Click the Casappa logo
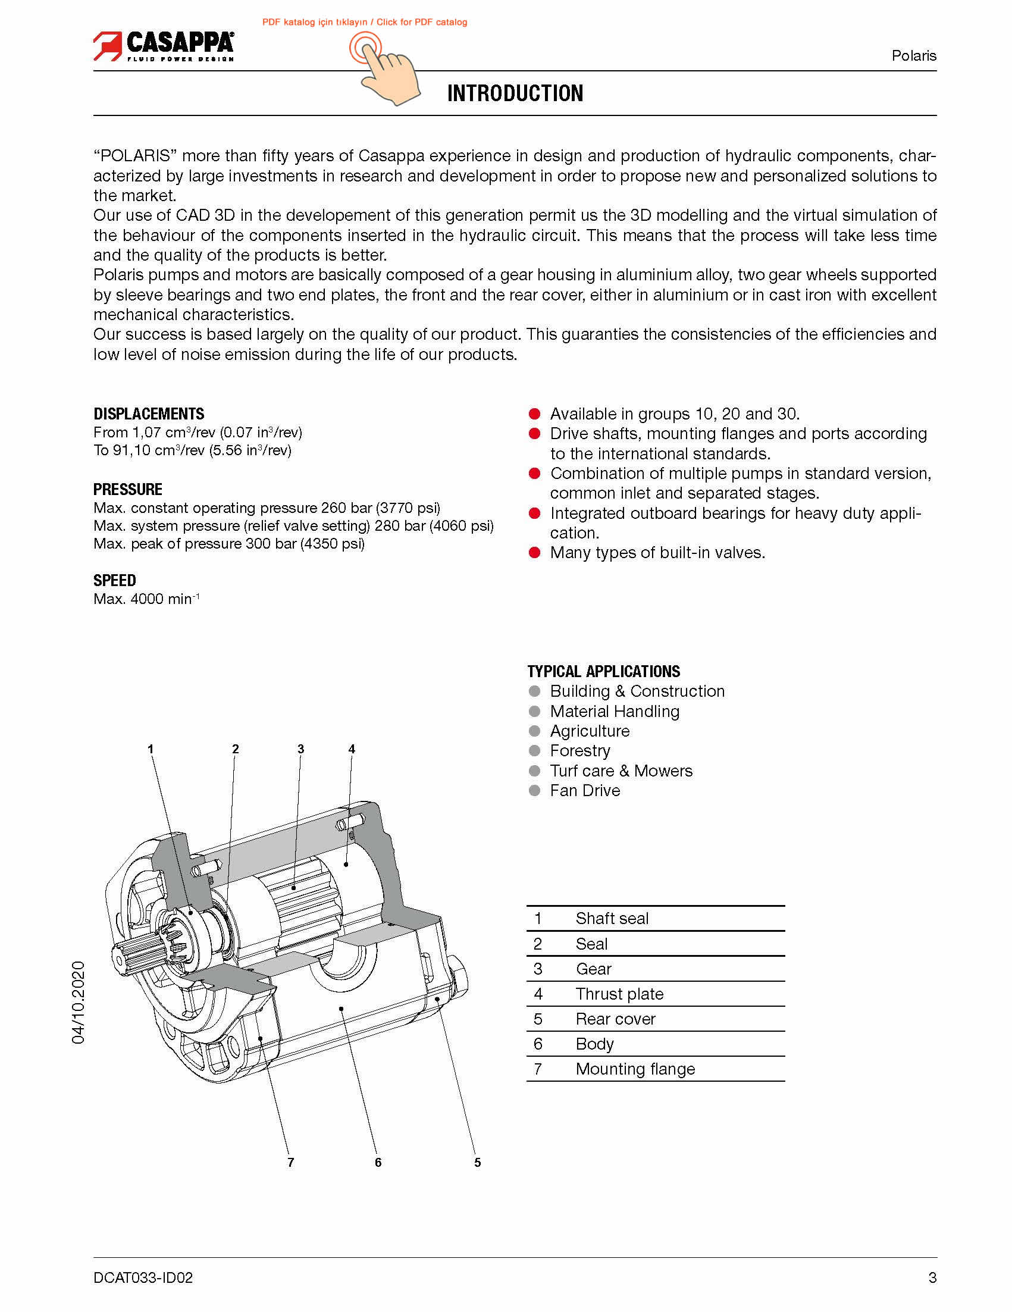163,46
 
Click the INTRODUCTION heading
515,94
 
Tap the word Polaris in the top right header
913,56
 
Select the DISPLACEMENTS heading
148,414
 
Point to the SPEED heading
114,580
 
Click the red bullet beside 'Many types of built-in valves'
534,553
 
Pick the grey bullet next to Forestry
534,751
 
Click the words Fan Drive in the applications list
584,791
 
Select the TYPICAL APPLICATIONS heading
603,671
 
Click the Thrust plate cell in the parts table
619,994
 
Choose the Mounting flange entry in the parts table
635,1069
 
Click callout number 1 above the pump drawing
151,749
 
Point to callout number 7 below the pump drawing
291,1163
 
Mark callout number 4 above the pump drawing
352,749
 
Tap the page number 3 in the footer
932,1277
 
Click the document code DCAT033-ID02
143,1277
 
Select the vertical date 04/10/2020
79,1002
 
